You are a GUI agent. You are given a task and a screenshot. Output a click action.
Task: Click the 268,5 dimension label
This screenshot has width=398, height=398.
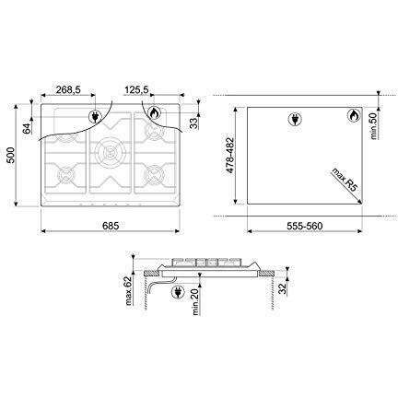click(x=68, y=89)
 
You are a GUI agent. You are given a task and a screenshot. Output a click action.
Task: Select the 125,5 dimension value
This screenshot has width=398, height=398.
click(x=136, y=89)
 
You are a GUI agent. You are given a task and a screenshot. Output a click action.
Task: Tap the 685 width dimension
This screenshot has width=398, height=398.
click(x=111, y=226)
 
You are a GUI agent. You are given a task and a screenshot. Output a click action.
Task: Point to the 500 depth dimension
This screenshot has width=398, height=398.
click(x=10, y=156)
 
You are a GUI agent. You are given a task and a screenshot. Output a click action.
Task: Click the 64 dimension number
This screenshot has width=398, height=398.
click(x=27, y=128)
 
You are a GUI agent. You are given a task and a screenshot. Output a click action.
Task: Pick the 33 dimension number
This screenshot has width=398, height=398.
click(x=193, y=123)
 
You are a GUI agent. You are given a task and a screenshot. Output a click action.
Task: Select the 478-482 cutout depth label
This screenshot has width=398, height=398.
click(x=230, y=156)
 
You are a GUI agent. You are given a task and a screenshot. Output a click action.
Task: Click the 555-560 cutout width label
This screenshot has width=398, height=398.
click(x=305, y=226)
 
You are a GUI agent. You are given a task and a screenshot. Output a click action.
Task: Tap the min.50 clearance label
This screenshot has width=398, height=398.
click(x=374, y=124)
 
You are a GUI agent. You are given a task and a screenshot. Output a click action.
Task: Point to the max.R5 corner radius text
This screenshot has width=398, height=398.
click(x=345, y=180)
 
